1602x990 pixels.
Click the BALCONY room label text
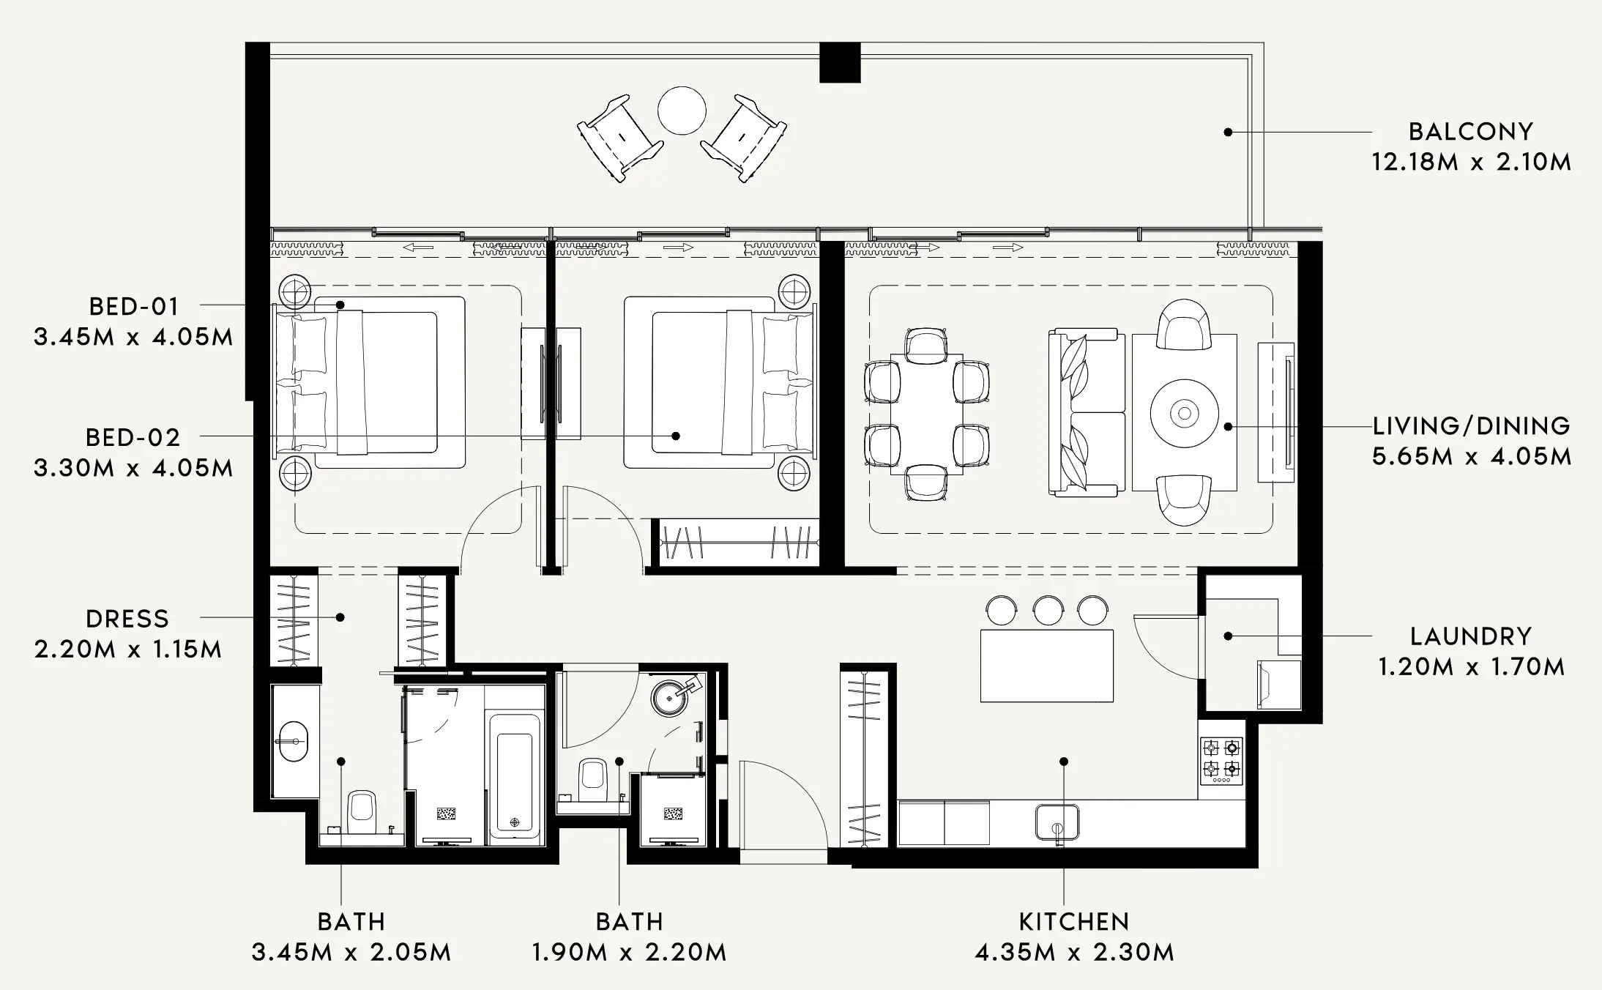1470,132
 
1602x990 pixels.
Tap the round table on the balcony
682,111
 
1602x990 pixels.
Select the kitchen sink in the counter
1057,822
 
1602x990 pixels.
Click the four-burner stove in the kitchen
1221,759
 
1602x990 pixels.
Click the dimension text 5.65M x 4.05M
1471,457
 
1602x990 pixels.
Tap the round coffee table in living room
1184,414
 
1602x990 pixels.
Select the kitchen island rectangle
1046,666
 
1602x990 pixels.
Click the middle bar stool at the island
1048,611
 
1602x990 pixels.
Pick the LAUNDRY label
1470,636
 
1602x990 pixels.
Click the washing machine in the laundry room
1278,685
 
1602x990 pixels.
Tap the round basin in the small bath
668,698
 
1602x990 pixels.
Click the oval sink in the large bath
294,742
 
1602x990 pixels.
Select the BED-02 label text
133,438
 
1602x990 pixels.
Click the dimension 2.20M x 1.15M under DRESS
127,650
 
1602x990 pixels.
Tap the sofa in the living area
1087,414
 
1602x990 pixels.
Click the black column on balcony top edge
839,62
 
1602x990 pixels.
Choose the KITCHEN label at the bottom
1073,922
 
